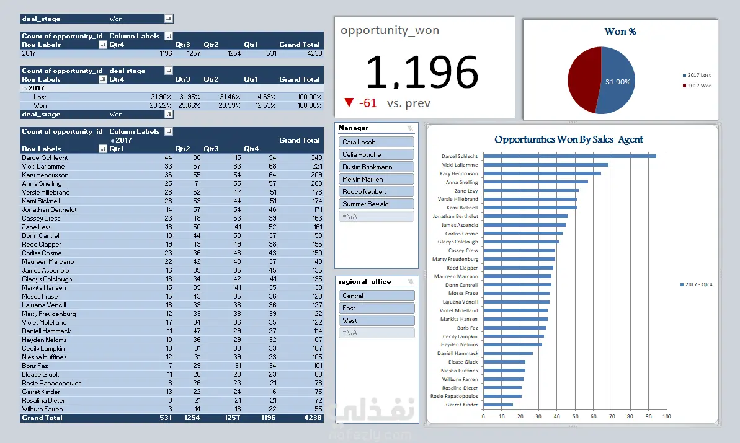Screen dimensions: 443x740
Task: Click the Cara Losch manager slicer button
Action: pyautogui.click(x=377, y=142)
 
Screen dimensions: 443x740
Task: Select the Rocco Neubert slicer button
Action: pyautogui.click(x=377, y=191)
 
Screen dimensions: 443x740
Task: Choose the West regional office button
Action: pyautogui.click(x=377, y=320)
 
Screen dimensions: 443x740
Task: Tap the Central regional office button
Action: pyautogui.click(x=377, y=296)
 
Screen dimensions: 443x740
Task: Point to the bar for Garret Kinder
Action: pyautogui.click(x=497, y=405)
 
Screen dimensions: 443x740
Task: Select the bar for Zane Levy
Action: pyautogui.click(x=530, y=191)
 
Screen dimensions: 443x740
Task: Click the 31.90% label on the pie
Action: pyautogui.click(x=618, y=82)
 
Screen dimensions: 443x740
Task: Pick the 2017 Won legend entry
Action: pyautogui.click(x=699, y=86)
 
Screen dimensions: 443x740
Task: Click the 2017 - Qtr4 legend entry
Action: pyautogui.click(x=698, y=284)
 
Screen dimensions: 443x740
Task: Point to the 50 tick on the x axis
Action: pyautogui.click(x=575, y=416)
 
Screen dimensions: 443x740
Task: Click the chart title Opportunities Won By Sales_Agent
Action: pyautogui.click(x=568, y=139)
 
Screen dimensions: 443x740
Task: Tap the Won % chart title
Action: pyautogui.click(x=620, y=32)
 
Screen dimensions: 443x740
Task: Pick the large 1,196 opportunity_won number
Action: pyautogui.click(x=422, y=72)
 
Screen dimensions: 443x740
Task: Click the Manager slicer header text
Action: pyautogui.click(x=353, y=128)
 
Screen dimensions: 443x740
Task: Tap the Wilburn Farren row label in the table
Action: pyautogui.click(x=42, y=409)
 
